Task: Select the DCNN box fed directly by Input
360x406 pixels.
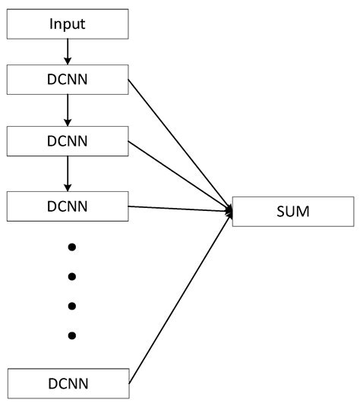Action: tap(68, 80)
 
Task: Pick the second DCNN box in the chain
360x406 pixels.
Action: tap(68, 142)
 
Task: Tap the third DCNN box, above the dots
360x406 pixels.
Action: tap(68, 206)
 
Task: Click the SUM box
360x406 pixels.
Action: tap(292, 210)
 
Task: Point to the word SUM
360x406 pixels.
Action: tap(292, 210)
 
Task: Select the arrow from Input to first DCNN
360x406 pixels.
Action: tap(68, 52)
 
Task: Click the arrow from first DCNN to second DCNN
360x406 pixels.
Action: tap(68, 111)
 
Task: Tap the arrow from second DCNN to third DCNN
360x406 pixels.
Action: tap(68, 174)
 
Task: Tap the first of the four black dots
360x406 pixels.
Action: tap(72, 247)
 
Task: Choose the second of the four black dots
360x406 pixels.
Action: tap(72, 276)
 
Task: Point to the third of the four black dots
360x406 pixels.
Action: tap(72, 306)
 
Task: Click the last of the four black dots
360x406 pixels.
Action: tap(72, 335)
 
